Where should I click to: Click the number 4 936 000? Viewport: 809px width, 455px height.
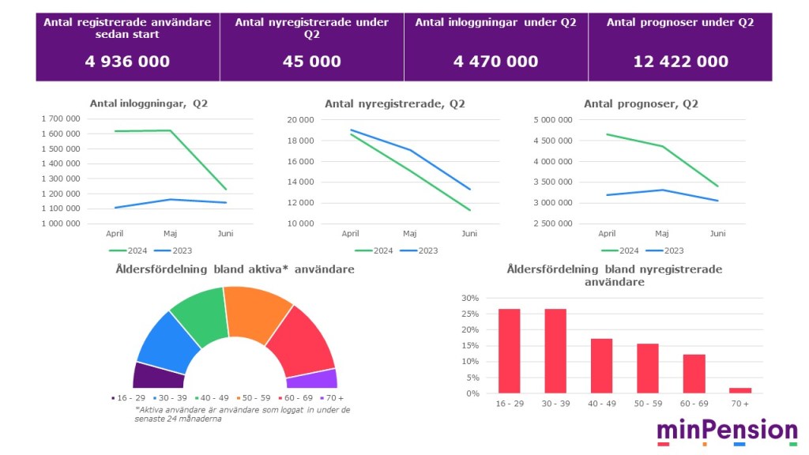[x=127, y=62]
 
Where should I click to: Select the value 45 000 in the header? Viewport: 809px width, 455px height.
[x=312, y=62]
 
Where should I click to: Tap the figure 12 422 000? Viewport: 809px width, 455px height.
[x=680, y=62]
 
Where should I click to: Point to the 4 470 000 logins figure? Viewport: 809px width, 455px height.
[x=495, y=62]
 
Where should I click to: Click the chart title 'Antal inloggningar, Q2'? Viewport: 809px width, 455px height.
[x=149, y=103]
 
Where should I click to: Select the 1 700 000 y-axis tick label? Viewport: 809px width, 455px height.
[x=60, y=118]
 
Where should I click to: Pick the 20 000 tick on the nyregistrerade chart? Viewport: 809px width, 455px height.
[x=300, y=120]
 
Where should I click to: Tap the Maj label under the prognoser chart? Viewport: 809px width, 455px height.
[x=662, y=234]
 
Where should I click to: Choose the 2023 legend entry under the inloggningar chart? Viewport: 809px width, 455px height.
[x=181, y=250]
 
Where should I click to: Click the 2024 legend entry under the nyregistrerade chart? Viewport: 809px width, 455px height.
[x=374, y=250]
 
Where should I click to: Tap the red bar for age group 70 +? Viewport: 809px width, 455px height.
[x=740, y=390]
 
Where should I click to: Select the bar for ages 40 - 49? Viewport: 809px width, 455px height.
[x=601, y=366]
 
